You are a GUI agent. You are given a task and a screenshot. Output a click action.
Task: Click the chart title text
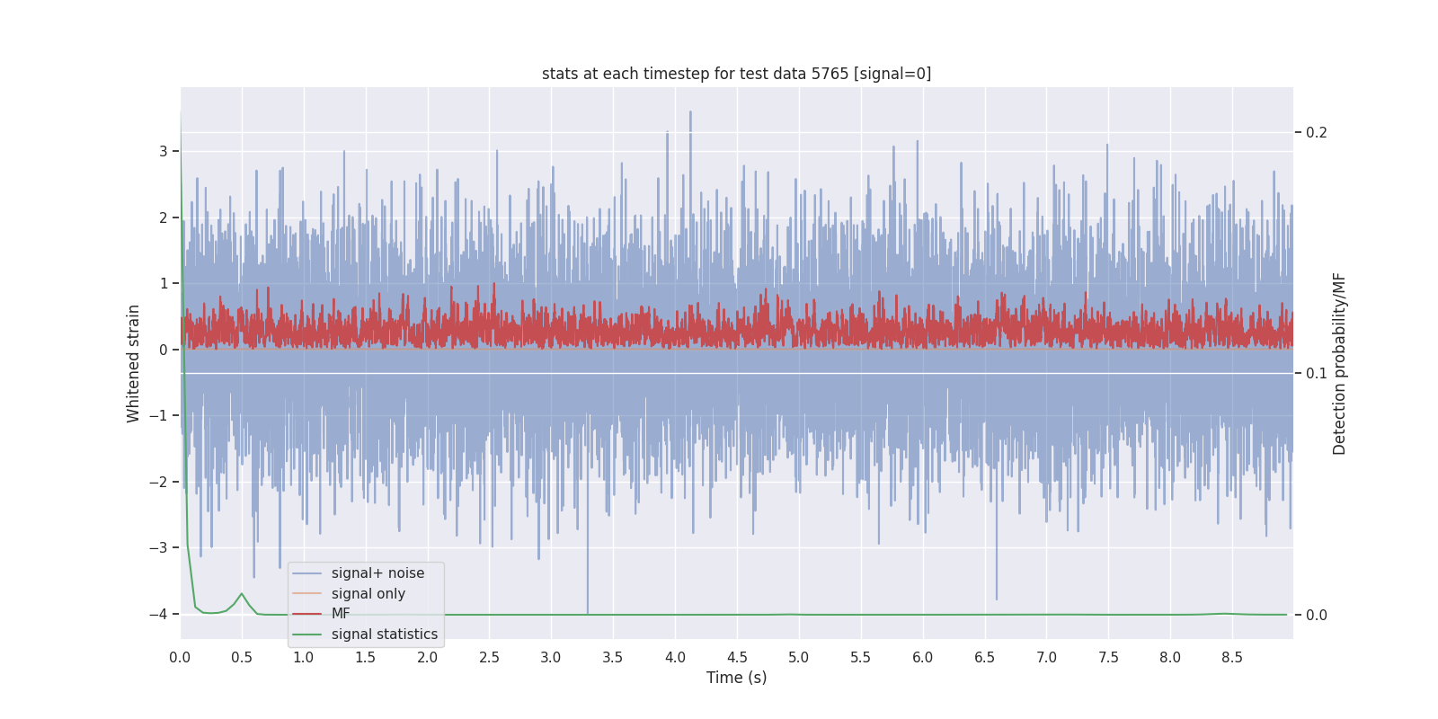point(736,74)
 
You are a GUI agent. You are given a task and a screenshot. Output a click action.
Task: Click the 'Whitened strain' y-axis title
point(133,363)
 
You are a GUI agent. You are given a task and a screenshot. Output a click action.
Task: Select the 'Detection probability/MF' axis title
point(1339,363)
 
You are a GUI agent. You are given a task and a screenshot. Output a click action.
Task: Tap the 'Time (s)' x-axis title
point(736,678)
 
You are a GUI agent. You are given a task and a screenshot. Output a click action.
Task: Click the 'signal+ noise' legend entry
point(377,573)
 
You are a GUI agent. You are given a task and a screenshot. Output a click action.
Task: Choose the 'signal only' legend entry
point(368,594)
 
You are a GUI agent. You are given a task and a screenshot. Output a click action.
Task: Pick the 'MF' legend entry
point(341,614)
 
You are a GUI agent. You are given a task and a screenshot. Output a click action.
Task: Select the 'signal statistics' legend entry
point(384,635)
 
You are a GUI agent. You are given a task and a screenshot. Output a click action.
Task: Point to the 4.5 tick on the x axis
point(737,657)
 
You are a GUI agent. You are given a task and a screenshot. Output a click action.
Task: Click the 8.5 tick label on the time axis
point(1232,657)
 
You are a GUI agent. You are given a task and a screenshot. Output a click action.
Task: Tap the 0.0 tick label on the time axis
point(180,657)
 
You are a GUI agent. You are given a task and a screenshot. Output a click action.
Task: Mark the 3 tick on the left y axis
point(164,151)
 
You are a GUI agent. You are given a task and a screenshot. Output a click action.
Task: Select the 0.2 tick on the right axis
point(1317,133)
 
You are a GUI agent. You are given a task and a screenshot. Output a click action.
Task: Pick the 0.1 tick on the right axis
point(1317,373)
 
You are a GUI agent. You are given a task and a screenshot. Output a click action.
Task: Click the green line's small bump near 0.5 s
point(242,594)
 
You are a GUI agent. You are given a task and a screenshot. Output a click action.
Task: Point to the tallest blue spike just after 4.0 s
point(690,113)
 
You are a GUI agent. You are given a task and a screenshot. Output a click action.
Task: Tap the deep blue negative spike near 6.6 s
point(996,598)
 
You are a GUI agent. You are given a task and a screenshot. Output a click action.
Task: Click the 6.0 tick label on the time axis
point(922,657)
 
